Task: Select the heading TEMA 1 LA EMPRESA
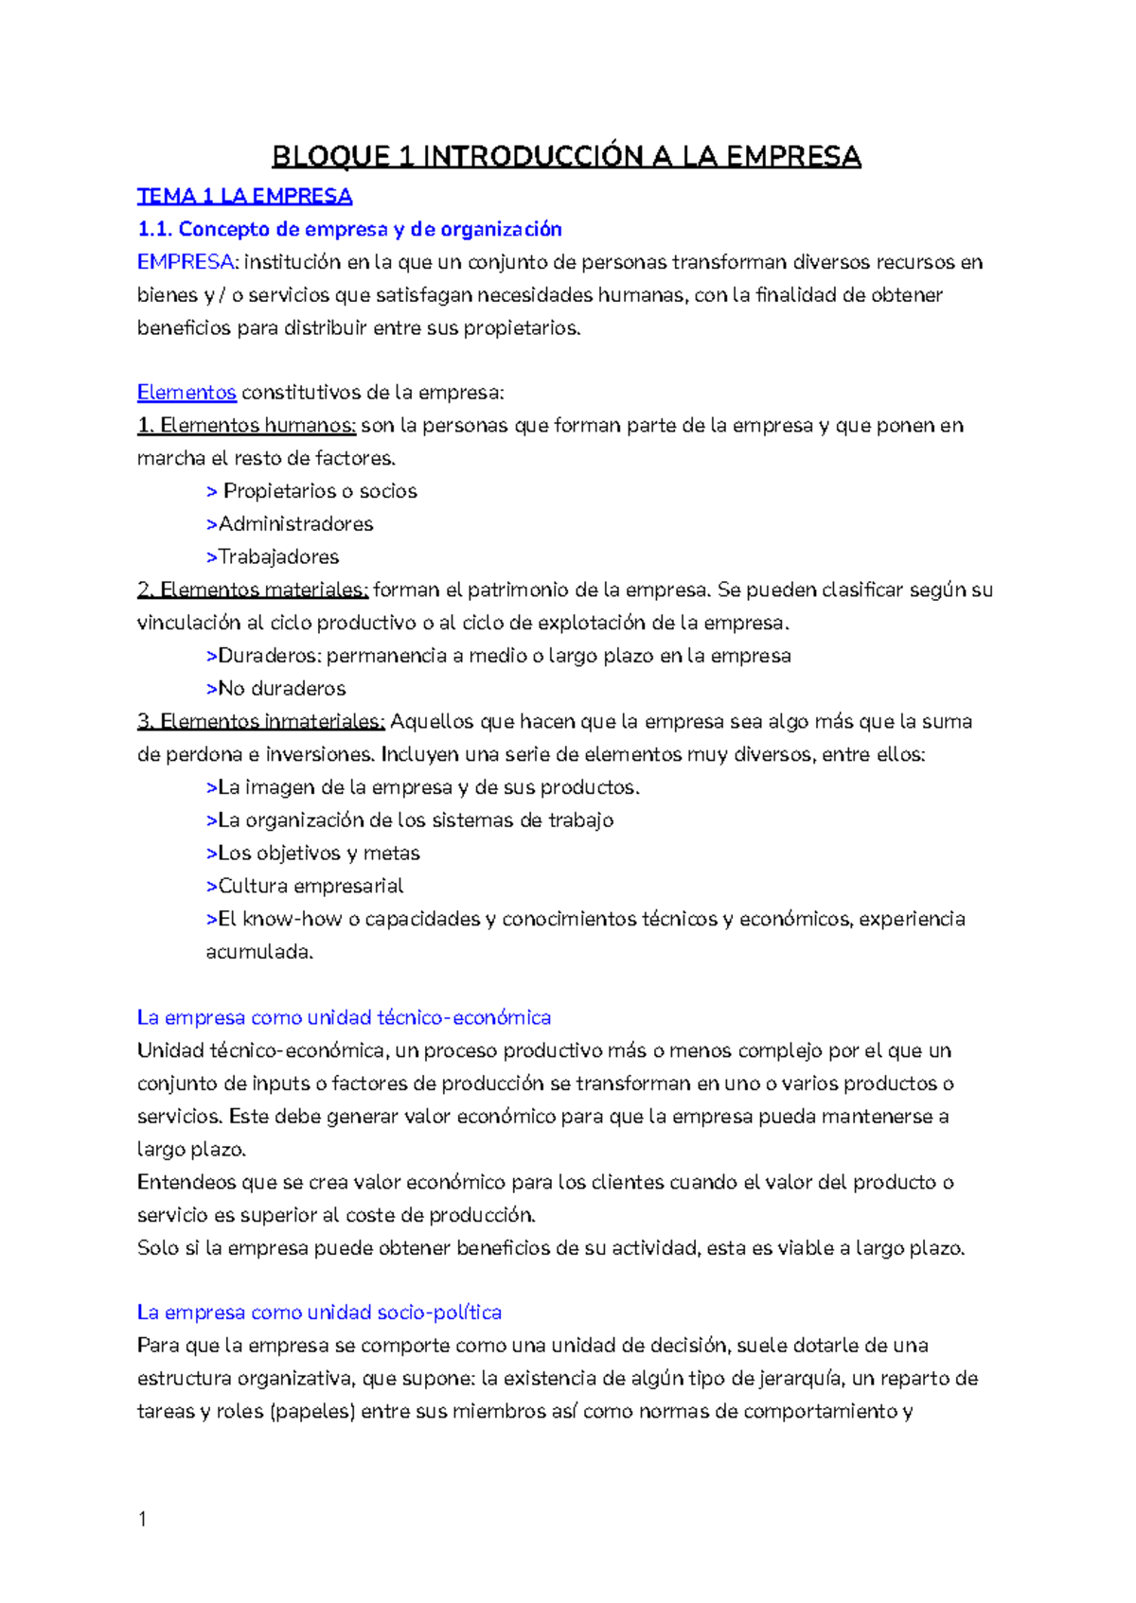click(x=244, y=197)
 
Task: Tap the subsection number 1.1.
click(x=154, y=229)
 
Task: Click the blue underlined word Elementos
click(x=186, y=393)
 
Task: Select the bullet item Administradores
click(x=295, y=524)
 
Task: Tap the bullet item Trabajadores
click(x=278, y=557)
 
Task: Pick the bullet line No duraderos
click(x=281, y=689)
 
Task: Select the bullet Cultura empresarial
click(x=311, y=887)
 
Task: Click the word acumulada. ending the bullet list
click(x=259, y=953)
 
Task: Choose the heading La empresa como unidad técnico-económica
click(x=344, y=1018)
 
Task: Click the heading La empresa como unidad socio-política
click(x=319, y=1313)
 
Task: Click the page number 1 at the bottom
click(x=142, y=1520)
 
